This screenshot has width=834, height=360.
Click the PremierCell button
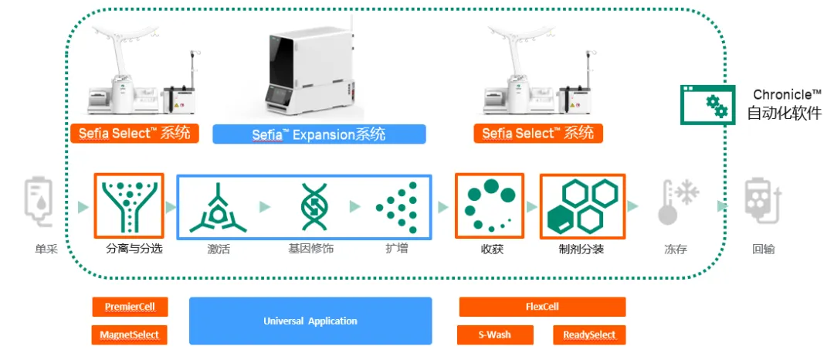[130, 307]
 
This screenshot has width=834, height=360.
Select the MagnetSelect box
[130, 335]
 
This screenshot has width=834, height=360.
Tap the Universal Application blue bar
[310, 321]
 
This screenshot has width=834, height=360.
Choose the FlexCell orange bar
[542, 307]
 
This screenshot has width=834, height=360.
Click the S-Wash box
[495, 335]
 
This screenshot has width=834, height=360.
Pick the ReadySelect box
[589, 335]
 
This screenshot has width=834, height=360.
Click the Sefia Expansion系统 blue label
[319, 134]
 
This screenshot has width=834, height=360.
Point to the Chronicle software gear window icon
[707, 105]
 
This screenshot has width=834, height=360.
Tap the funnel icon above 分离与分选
[128, 206]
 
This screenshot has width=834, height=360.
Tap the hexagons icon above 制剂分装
[581, 206]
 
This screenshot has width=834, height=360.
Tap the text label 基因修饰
[310, 250]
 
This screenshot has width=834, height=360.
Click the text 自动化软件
[784, 114]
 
